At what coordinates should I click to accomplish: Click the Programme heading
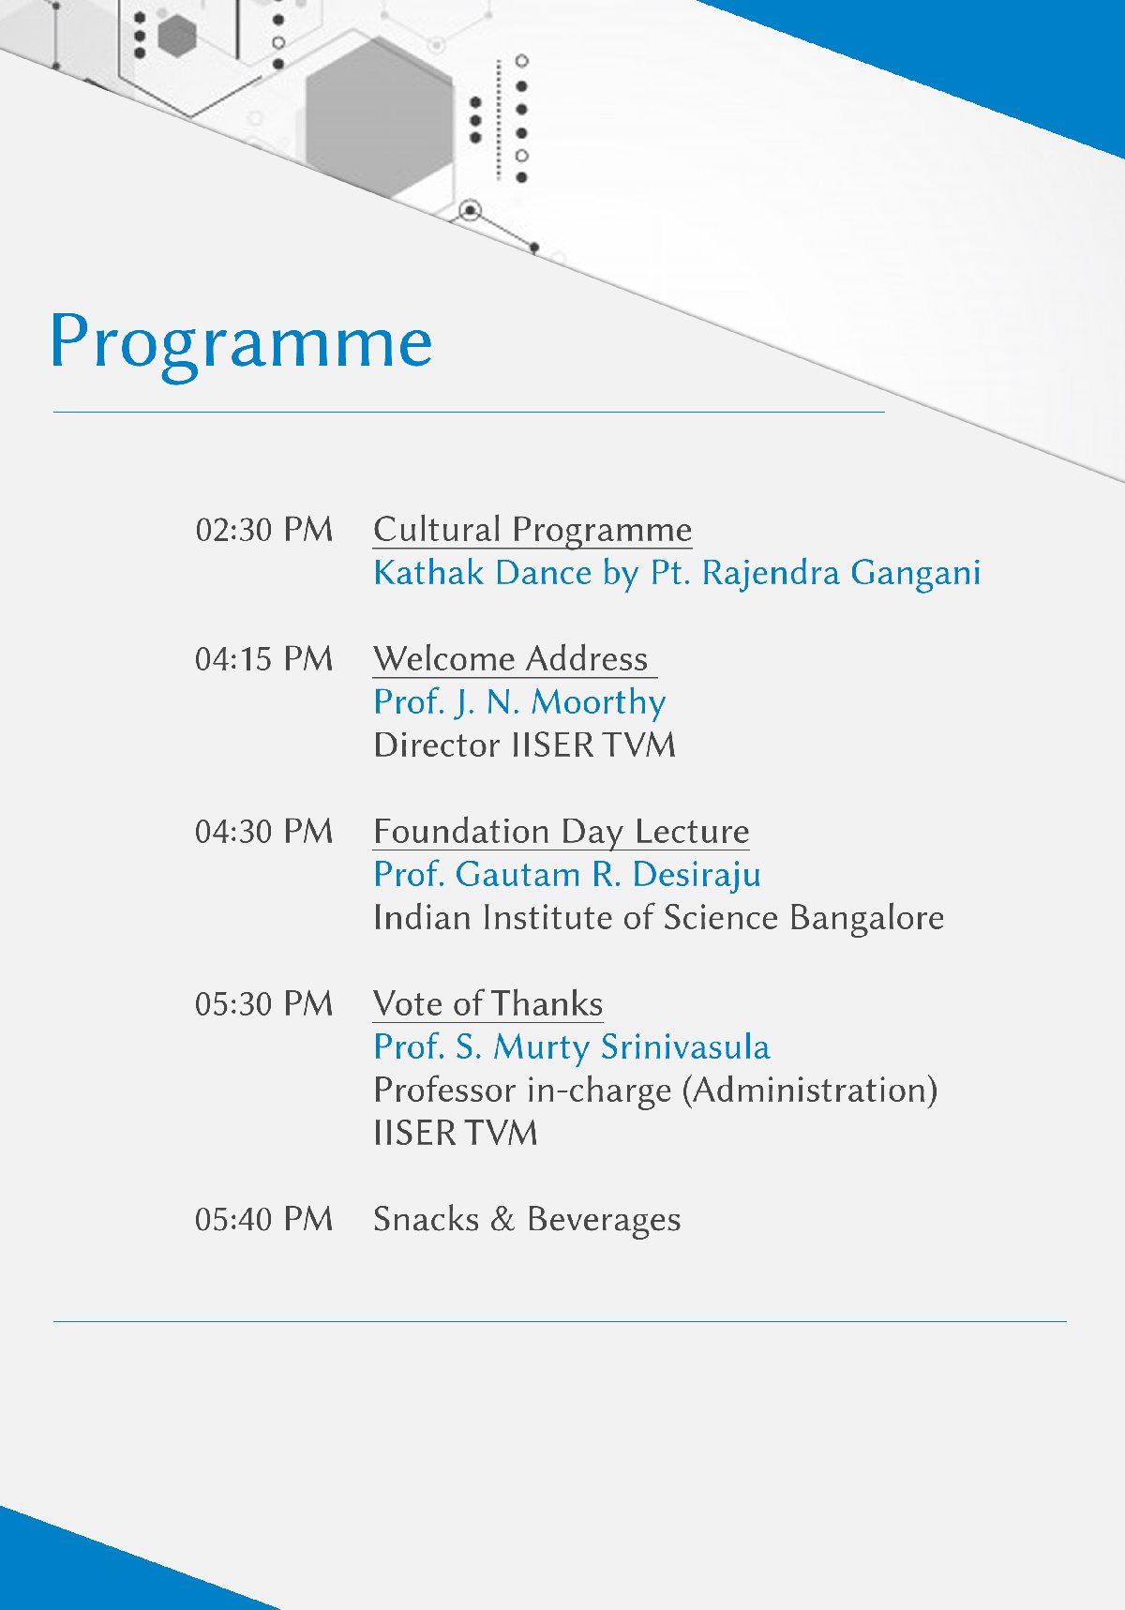[241, 344]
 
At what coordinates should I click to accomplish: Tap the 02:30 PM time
[264, 530]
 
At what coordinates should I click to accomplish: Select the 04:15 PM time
[264, 659]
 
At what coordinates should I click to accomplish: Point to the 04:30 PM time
[264, 832]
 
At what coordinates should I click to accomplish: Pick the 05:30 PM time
[264, 1004]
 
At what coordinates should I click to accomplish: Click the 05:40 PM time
[264, 1220]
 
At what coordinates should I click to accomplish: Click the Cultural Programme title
[532, 531]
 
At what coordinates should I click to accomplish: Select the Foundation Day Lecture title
[562, 833]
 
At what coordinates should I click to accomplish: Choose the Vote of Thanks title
[487, 1004]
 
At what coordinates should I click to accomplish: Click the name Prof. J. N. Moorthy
[519, 703]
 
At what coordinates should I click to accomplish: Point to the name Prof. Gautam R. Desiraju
[567, 876]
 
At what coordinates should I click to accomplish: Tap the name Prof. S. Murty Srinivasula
[572, 1047]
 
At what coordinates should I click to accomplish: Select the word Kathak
[428, 573]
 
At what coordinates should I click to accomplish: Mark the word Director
[437, 745]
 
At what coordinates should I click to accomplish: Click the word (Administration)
[810, 1091]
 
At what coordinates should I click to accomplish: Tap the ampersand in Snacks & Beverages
[502, 1220]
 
